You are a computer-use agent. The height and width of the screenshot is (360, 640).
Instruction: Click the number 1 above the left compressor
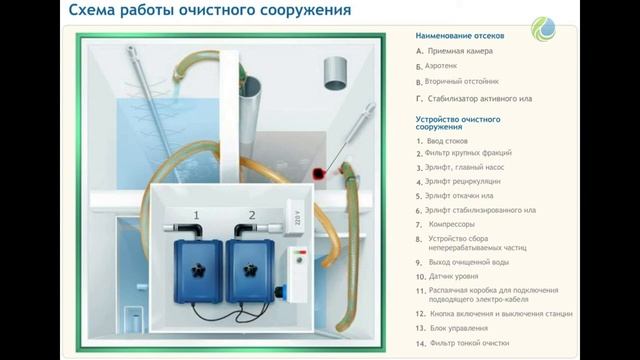pyautogui.click(x=196, y=215)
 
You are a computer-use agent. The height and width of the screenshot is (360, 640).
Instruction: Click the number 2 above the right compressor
pyautogui.click(x=252, y=215)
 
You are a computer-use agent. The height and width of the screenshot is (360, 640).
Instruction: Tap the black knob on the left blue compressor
pyautogui.click(x=198, y=270)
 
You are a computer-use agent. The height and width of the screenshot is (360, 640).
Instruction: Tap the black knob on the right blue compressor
pyautogui.click(x=250, y=270)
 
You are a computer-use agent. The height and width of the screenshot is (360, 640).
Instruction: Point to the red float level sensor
pyautogui.click(x=318, y=174)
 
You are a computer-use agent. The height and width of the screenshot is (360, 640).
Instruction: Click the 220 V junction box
pyautogui.click(x=294, y=218)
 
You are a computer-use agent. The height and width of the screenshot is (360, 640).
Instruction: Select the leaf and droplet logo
pyautogui.click(x=543, y=29)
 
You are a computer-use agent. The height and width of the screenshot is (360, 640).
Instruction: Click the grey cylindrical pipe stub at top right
pyautogui.click(x=336, y=73)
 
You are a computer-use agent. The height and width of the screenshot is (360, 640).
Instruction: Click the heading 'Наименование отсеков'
pyautogui.click(x=460, y=36)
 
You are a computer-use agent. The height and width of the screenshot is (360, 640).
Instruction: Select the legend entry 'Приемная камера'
pyautogui.click(x=460, y=51)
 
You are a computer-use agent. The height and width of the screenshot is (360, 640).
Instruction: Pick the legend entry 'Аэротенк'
pyautogui.click(x=441, y=66)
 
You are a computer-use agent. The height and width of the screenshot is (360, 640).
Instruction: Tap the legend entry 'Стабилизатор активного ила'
pyautogui.click(x=480, y=99)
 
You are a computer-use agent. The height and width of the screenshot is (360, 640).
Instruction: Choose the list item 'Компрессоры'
pyautogui.click(x=451, y=224)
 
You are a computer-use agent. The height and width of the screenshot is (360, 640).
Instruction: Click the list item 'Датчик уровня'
pyautogui.click(x=453, y=276)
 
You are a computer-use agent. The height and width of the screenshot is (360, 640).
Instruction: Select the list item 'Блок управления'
pyautogui.click(x=459, y=328)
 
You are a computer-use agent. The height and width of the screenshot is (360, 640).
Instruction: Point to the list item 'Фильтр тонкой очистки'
pyautogui.click(x=469, y=343)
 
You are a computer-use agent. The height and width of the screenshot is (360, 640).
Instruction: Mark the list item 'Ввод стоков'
pyautogui.click(x=447, y=141)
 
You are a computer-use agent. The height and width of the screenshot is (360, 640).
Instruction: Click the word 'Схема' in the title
pyautogui.click(x=91, y=10)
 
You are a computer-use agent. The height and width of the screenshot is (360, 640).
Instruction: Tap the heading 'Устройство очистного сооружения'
pyautogui.click(x=458, y=123)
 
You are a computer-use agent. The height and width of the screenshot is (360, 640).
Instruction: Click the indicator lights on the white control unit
pyautogui.click(x=300, y=252)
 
